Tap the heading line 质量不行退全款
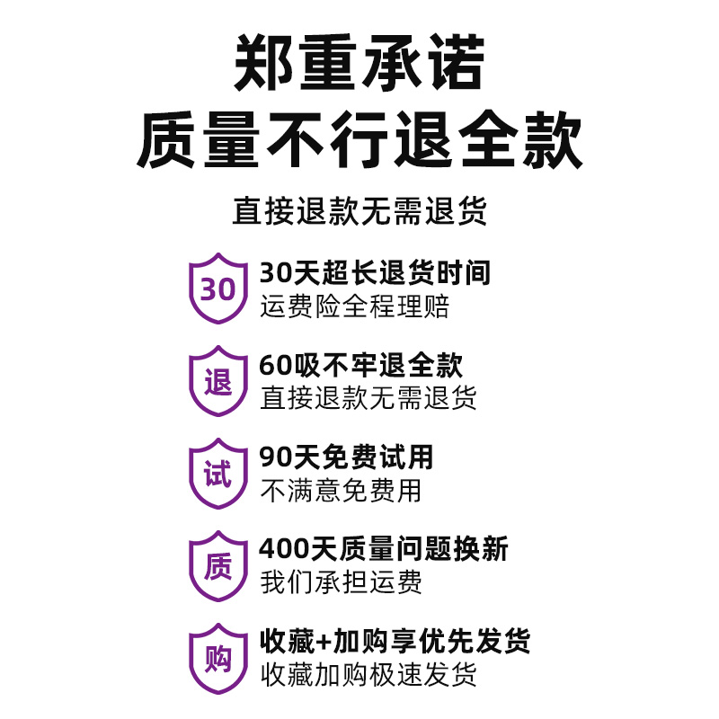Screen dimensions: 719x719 (359, 142)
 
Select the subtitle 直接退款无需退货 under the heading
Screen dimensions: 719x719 (359, 211)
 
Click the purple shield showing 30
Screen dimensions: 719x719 (217, 289)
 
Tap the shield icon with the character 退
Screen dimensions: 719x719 (217, 382)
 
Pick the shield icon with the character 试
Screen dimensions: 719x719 (217, 474)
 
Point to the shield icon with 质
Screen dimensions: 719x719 (217, 566)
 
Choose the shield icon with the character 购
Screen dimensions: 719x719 (217, 659)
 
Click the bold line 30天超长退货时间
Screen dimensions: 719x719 (375, 272)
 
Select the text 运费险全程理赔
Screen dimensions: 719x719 (354, 306)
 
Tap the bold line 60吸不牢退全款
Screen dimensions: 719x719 (360, 365)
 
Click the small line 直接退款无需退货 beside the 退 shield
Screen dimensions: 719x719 (368, 398)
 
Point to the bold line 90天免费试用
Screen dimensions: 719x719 (346, 457)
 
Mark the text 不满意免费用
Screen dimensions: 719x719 (340, 491)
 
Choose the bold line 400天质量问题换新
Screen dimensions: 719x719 (384, 548)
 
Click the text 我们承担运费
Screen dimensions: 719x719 (340, 582)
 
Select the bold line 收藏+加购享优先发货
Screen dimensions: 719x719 (395, 641)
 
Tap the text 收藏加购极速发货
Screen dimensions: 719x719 (368, 674)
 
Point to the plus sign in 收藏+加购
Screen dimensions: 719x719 (324, 642)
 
